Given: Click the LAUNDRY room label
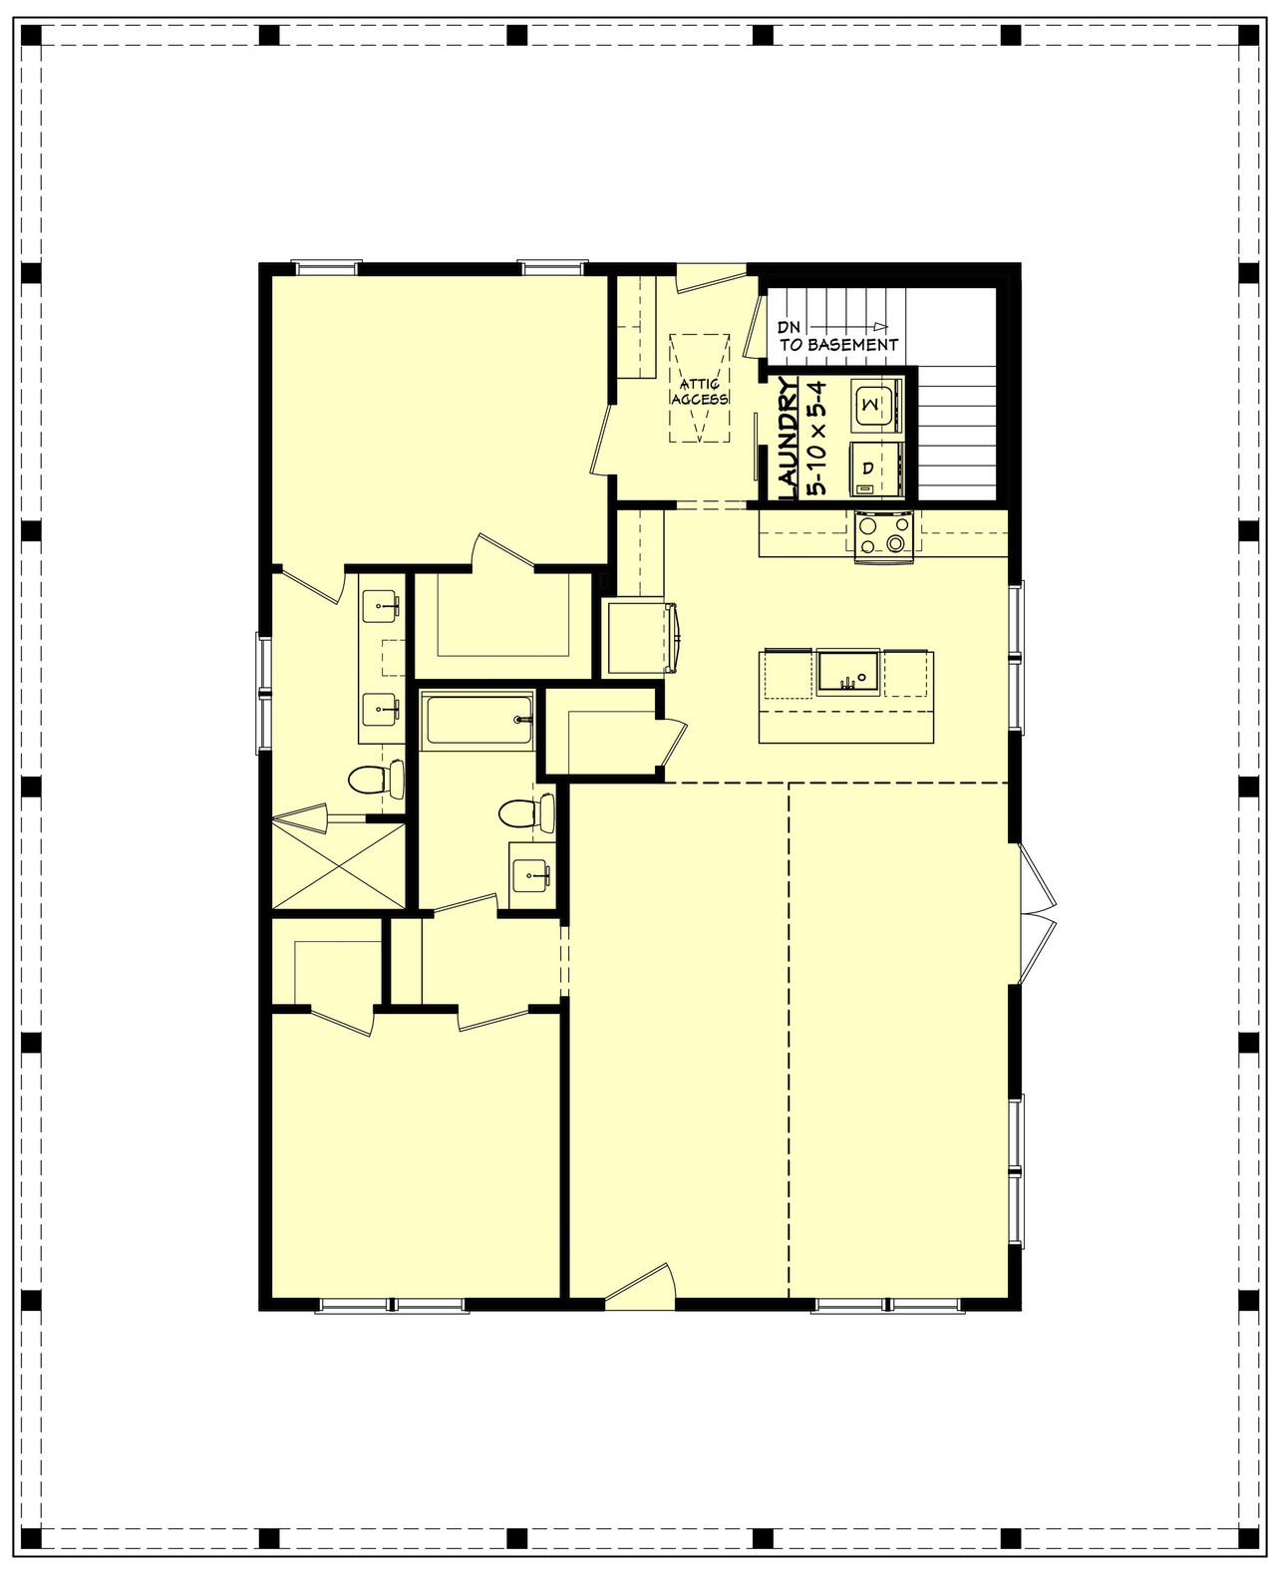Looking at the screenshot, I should coord(788,440).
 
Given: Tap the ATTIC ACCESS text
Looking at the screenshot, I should coord(700,391).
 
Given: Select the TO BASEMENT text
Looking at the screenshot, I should coord(838,345).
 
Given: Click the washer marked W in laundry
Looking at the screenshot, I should coord(875,404).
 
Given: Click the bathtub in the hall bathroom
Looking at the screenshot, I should coord(478,721).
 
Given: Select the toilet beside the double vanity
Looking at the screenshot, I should coord(376,779).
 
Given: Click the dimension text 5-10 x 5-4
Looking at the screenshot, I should coord(816,440).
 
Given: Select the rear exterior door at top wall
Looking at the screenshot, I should coord(711,278).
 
